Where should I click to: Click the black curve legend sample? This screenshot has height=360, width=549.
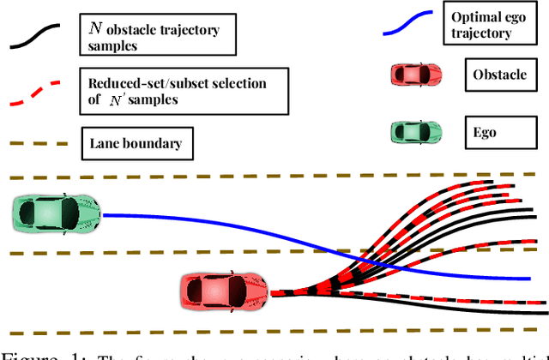[x=34, y=36]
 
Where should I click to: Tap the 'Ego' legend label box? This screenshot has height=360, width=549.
[x=485, y=133]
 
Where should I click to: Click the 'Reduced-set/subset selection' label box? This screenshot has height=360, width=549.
[x=177, y=91]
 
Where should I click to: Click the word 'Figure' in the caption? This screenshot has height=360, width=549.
[x=26, y=352]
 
